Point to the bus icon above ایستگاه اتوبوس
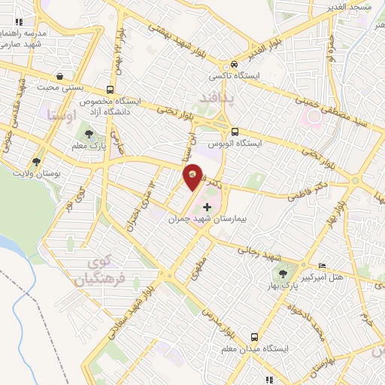[236, 130]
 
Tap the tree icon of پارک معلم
[89, 134]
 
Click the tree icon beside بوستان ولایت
[36, 162]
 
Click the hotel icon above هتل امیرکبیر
[323, 265]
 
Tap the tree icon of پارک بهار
[283, 274]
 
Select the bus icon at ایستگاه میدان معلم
[253, 338]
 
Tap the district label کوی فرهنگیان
[96, 272]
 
